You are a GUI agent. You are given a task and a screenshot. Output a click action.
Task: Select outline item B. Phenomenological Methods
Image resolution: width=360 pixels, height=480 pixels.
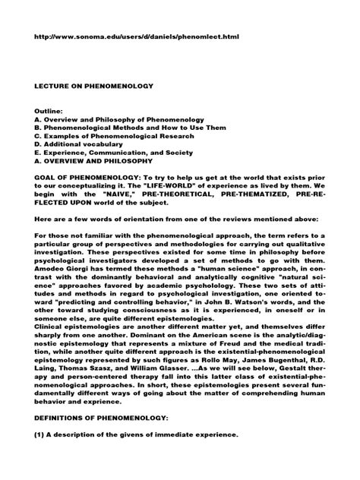122,128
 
